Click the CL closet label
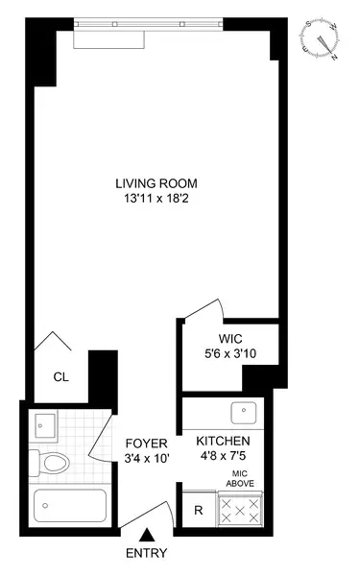coord(60,376)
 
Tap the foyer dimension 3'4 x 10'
coord(147,458)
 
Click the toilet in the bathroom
coord(54,465)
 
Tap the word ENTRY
coord(147,553)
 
